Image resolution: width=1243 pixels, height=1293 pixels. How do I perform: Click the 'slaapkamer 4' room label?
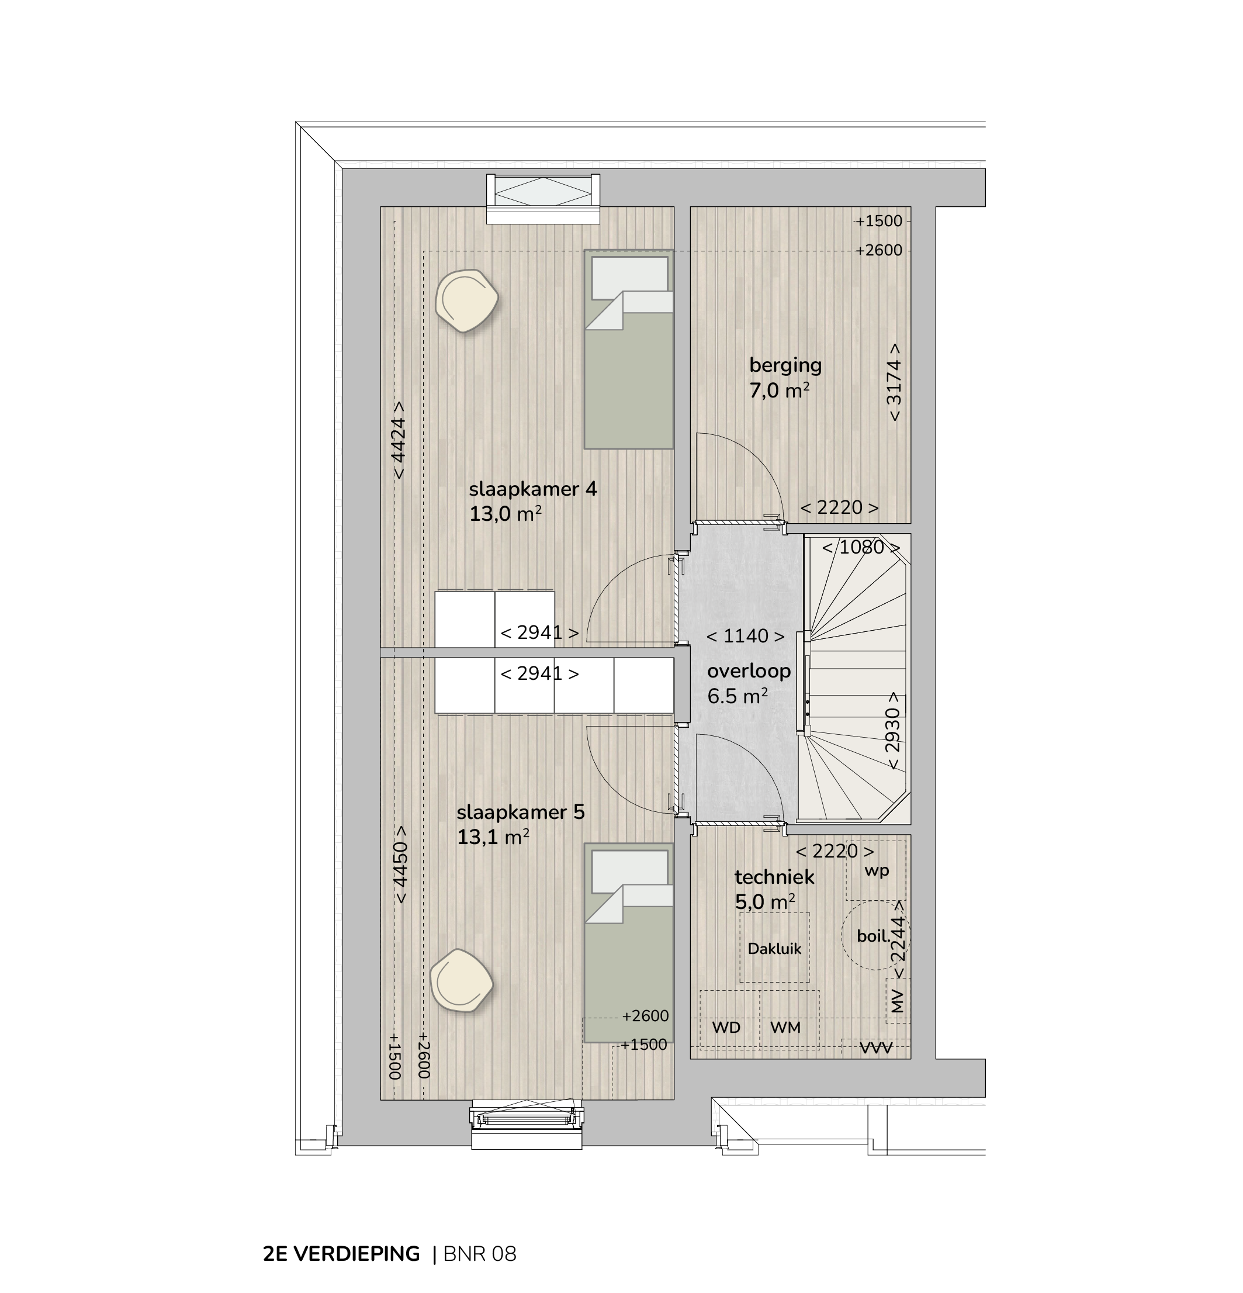tap(533, 489)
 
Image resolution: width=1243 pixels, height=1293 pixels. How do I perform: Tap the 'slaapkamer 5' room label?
tap(520, 812)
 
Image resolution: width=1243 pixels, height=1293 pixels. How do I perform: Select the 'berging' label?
tap(785, 365)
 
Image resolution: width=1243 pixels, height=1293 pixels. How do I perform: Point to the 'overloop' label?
tap(749, 672)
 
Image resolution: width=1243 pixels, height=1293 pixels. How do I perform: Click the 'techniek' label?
tap(774, 877)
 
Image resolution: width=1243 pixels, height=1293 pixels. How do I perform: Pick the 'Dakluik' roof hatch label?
tap(774, 949)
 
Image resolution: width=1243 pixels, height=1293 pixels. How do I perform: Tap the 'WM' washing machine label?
tap(785, 1027)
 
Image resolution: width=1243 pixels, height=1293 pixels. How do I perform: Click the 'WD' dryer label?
tap(726, 1027)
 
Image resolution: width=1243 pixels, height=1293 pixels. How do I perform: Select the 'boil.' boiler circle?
tap(875, 935)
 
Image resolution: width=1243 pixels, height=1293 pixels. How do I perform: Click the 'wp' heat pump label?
tap(877, 871)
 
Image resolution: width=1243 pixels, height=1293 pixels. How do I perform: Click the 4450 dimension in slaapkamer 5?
tap(399, 866)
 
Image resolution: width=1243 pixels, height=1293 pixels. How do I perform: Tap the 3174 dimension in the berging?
tap(894, 383)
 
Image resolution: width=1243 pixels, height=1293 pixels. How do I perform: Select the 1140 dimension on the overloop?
tap(745, 636)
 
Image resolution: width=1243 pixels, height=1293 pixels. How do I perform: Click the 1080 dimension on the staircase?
tap(861, 547)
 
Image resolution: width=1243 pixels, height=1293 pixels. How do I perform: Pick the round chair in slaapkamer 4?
tap(466, 301)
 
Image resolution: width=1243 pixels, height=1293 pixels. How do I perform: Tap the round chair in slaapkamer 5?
tap(462, 981)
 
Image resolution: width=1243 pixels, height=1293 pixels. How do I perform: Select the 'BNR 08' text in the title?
tap(480, 1253)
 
